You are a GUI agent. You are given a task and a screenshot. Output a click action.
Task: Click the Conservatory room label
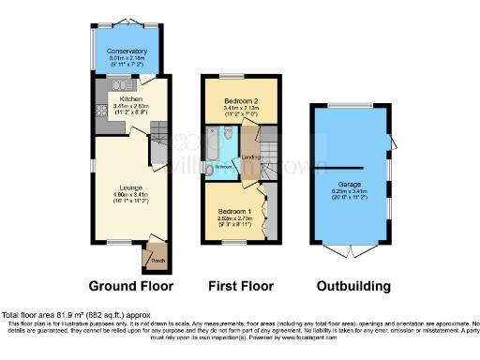[x=127, y=52]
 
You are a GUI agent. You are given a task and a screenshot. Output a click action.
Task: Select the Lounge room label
[x=129, y=187]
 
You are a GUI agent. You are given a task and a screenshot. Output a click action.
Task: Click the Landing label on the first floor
[x=250, y=157]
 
